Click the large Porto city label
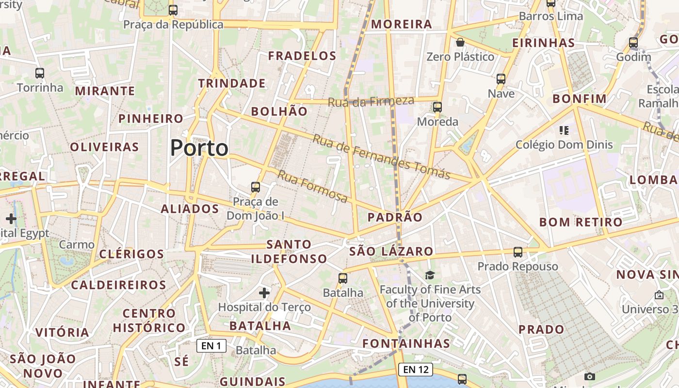tap(199, 148)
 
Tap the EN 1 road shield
tap(211, 346)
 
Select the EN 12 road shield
tap(416, 370)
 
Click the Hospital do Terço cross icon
tap(264, 293)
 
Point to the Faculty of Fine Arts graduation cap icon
tap(430, 275)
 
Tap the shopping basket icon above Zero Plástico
tap(460, 43)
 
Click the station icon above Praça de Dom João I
tap(256, 187)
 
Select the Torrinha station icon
tap(40, 73)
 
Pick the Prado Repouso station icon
tap(518, 252)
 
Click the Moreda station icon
tap(437, 107)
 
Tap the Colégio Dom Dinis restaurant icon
tap(564, 130)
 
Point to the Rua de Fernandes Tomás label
tap(382, 157)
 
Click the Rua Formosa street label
tap(313, 186)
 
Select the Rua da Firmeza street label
tap(371, 101)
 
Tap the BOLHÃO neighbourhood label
tap(279, 112)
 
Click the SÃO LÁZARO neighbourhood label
tap(391, 251)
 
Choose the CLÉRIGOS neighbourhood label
tap(131, 254)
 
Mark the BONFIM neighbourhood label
tap(580, 99)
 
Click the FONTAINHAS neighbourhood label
tap(406, 343)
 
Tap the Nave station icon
tap(501, 79)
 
